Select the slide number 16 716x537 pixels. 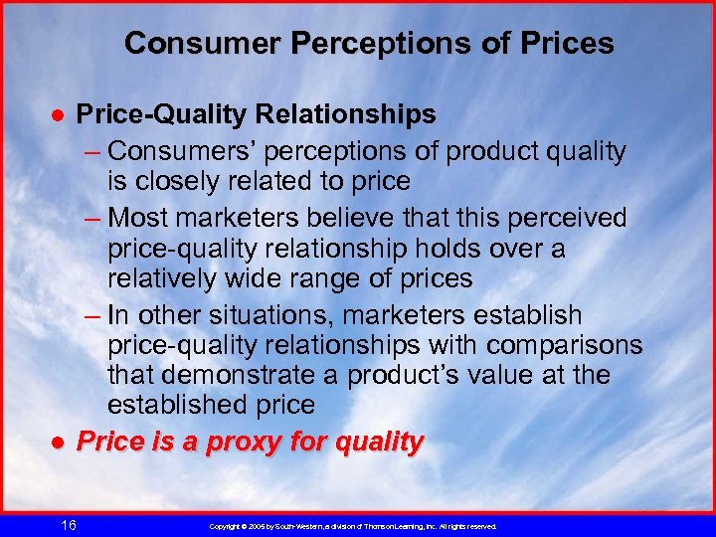coord(68,525)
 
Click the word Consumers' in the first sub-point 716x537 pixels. coord(169,151)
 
